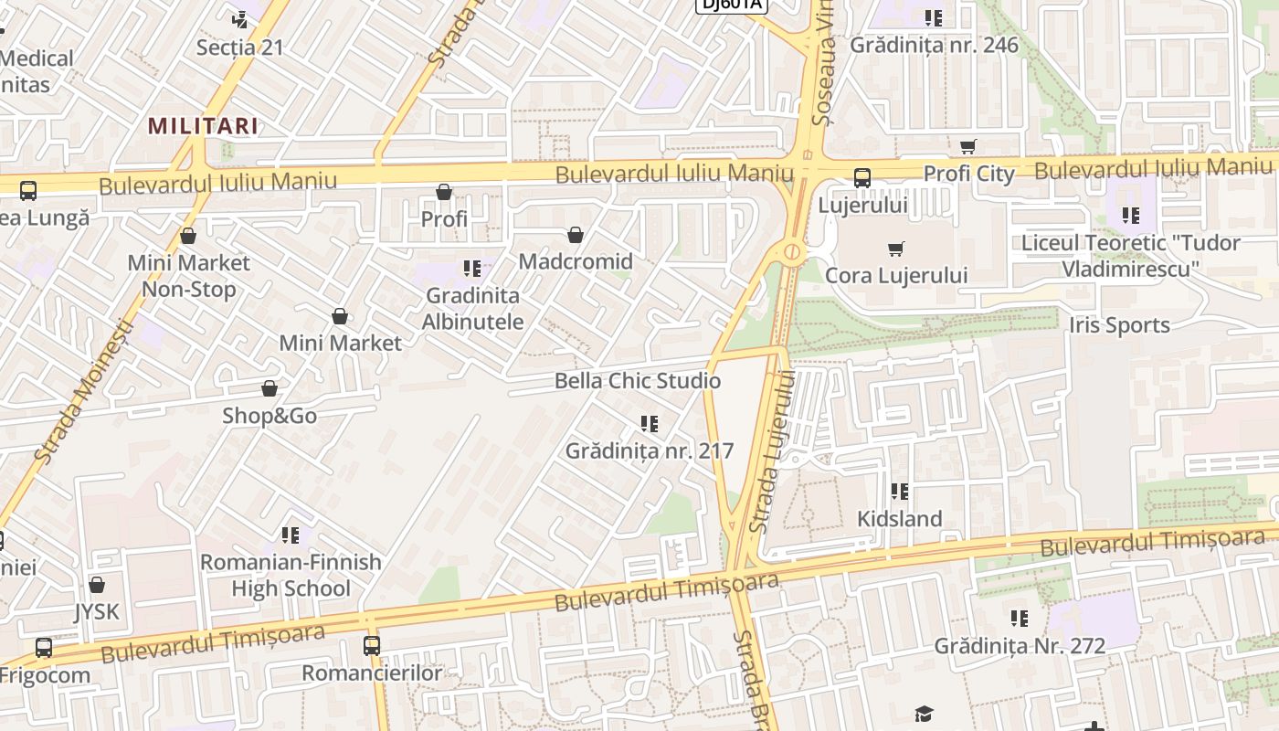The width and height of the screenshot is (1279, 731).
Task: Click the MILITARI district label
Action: (203, 125)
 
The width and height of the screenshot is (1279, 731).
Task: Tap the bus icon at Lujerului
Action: (861, 178)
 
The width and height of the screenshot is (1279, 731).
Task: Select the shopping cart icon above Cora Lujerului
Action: (896, 249)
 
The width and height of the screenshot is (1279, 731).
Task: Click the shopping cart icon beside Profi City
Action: (968, 146)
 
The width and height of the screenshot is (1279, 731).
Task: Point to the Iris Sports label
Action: (1118, 325)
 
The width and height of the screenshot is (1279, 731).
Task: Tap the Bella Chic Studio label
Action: (638, 381)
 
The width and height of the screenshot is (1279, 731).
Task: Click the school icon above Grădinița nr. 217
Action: (649, 424)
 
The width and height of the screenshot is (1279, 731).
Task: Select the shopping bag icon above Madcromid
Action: (576, 236)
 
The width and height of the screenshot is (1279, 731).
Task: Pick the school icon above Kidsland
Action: (900, 492)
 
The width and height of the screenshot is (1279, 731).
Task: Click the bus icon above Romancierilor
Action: (372, 646)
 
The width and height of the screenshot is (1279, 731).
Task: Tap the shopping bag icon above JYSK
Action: (97, 585)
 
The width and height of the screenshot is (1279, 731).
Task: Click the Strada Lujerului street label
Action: (771, 451)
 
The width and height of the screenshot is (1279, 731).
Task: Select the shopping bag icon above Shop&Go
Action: (270, 389)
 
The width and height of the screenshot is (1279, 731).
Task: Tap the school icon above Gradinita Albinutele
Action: (472, 269)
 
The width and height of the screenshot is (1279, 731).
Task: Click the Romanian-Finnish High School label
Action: (291, 575)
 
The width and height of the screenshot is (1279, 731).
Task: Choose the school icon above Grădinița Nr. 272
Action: (1020, 619)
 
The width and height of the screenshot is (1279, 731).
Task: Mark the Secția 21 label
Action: (240, 48)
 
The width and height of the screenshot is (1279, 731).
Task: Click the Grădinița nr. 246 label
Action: (934, 45)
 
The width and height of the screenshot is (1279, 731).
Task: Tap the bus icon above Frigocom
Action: (44, 648)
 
